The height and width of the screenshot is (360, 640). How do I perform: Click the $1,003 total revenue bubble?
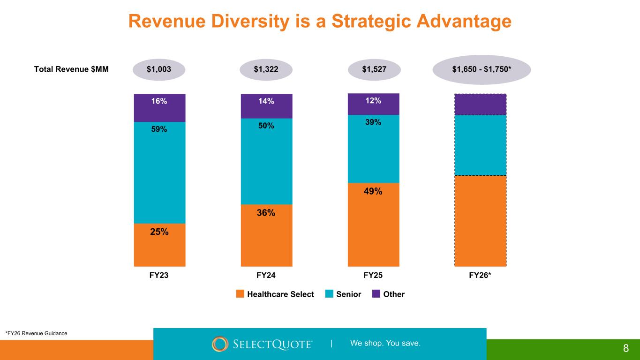[x=159, y=70]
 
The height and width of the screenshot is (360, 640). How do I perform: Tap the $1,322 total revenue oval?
[x=266, y=70]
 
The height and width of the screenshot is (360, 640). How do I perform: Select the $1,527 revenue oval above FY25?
[x=374, y=70]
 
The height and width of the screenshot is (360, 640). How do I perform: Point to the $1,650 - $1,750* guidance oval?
[x=481, y=70]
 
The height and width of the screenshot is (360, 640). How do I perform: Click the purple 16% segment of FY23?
[x=159, y=108]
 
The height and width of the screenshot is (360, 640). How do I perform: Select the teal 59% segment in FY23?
[x=159, y=172]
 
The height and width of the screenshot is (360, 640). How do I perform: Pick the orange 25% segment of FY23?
[x=159, y=245]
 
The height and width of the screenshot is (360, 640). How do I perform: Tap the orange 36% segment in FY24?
[x=266, y=235]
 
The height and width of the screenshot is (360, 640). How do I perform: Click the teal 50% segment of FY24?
[x=266, y=161]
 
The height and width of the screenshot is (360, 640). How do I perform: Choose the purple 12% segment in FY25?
[x=373, y=104]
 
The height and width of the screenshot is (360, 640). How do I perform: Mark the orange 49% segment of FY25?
[x=373, y=225]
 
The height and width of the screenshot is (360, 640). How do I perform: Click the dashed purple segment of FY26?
[x=481, y=105]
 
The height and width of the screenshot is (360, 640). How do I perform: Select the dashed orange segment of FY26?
[x=481, y=221]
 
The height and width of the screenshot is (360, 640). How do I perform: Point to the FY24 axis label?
[x=266, y=276]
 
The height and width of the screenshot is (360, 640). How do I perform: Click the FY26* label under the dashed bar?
[x=481, y=276]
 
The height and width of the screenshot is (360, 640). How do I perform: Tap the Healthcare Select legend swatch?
[x=240, y=294]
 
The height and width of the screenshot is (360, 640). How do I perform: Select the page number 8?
[x=625, y=348]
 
